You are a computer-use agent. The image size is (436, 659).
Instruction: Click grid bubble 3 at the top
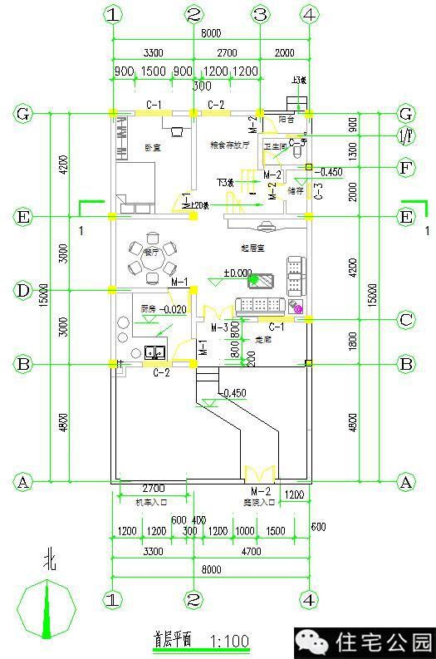coord(260,14)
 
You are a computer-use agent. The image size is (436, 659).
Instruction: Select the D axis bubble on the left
coord(23,290)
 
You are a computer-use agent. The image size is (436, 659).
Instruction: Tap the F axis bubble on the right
coord(406,168)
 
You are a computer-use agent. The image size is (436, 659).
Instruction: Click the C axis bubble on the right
coord(406,318)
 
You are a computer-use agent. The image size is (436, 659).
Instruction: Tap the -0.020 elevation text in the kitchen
coord(174,309)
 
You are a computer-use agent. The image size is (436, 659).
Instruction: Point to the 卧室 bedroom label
coord(152,148)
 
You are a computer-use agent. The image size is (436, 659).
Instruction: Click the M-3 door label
coord(219,328)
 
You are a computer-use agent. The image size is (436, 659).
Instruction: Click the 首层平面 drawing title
coord(173,641)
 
